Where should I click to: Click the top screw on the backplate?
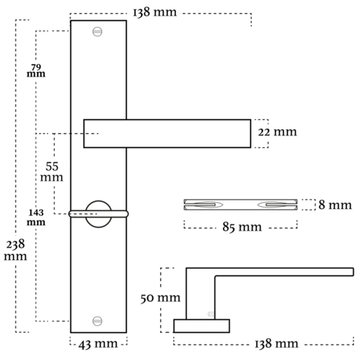tap(98, 32)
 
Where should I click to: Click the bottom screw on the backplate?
tap(98, 321)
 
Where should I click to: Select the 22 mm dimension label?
tap(277, 132)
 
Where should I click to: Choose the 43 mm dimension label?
tap(98, 343)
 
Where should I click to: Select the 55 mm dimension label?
tap(52, 172)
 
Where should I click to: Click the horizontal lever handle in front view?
tap(167, 133)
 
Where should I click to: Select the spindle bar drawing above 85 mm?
tap(240, 205)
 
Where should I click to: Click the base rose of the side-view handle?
tap(201, 324)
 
